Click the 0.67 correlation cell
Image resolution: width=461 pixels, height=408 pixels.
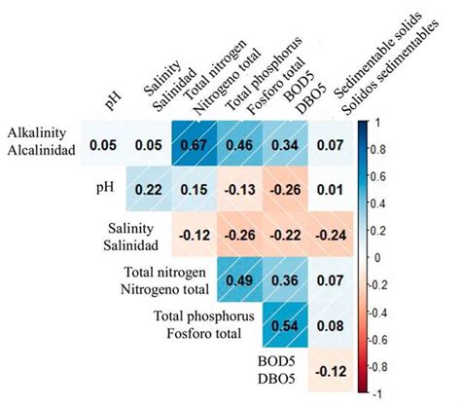(x=195, y=145)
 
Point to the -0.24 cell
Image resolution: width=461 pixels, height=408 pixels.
(x=333, y=235)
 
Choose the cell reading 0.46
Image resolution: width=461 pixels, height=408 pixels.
(x=241, y=145)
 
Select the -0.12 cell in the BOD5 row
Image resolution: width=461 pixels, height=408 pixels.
(x=333, y=370)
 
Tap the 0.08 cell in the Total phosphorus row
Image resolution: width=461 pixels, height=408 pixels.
(x=333, y=324)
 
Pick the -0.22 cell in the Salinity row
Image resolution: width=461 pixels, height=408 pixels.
(x=287, y=235)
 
